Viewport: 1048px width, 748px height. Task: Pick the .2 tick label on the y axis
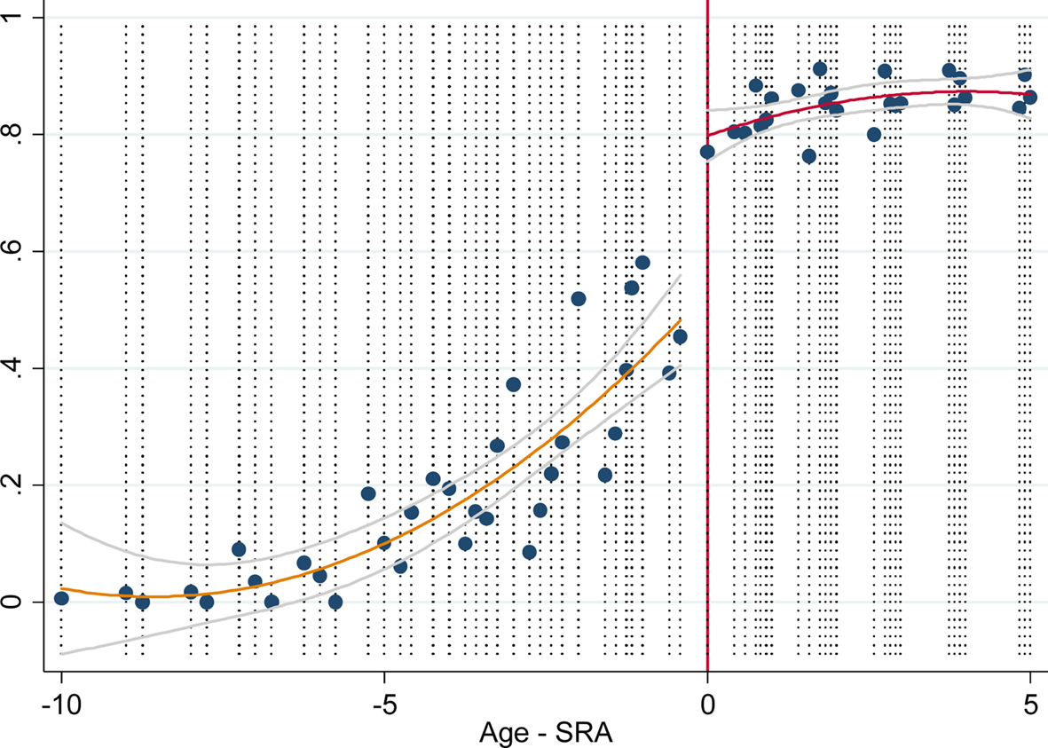(15, 485)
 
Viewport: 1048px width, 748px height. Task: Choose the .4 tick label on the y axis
(15, 368)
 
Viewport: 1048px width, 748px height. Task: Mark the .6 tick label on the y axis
(15, 251)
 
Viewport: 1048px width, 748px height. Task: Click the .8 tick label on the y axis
(15, 135)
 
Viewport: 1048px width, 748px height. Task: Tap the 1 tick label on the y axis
(15, 18)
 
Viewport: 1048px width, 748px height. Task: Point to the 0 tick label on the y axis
(15, 602)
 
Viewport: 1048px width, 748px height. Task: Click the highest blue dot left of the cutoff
(642, 263)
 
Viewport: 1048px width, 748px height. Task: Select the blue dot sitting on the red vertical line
(707, 152)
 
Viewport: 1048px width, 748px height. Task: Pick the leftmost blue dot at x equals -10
(61, 598)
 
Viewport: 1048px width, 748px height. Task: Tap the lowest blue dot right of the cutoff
(808, 156)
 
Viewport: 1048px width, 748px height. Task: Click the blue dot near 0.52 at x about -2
(579, 299)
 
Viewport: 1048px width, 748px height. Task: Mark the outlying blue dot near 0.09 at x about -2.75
(530, 552)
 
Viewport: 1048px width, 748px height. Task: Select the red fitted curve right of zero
(887, 98)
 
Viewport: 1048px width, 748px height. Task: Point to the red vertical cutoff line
(707, 399)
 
